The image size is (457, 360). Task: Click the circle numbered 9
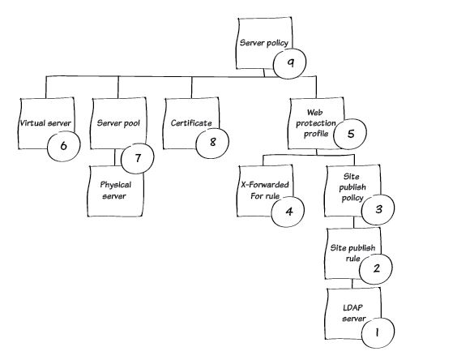tap(289, 63)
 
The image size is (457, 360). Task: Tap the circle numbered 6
tap(63, 146)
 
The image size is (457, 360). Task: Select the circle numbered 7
tap(137, 158)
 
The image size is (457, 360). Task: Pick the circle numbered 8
tap(212, 142)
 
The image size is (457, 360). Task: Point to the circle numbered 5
tap(350, 134)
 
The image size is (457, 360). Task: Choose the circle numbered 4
tap(288, 211)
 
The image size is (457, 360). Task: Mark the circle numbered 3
tap(378, 209)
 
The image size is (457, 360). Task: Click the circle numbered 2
tap(376, 268)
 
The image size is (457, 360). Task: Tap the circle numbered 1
tap(378, 332)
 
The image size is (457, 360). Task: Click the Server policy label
tap(264, 43)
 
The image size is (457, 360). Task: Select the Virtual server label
tap(45, 123)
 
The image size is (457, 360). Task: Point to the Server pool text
tap(118, 123)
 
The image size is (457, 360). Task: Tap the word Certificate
tap(191, 123)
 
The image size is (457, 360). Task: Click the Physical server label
tap(115, 191)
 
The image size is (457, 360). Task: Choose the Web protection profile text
tap(316, 123)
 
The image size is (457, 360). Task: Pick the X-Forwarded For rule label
tap(265, 191)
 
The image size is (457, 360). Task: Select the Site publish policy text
tap(352, 187)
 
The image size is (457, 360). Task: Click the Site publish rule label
tap(352, 253)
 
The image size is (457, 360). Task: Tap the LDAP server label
tap(353, 313)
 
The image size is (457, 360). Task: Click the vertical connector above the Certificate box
tap(191, 88)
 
